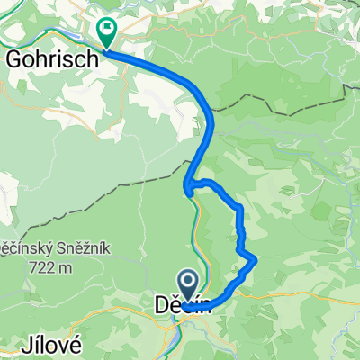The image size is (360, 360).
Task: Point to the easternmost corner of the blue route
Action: click(256, 260)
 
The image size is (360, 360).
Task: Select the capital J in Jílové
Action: click(23, 346)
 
